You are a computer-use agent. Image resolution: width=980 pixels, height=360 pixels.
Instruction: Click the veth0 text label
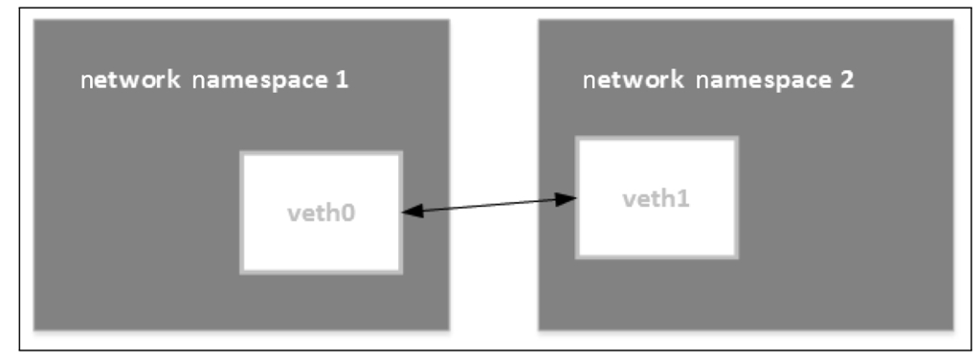(320, 212)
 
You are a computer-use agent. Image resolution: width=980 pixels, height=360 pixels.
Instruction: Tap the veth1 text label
(656, 199)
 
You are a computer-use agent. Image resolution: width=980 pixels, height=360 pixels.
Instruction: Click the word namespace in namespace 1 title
(257, 80)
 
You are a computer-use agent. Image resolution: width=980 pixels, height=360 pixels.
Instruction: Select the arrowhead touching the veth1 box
(568, 199)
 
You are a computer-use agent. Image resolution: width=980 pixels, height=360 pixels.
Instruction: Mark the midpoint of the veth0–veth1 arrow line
(488, 204)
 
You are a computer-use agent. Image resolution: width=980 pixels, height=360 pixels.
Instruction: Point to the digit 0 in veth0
(346, 212)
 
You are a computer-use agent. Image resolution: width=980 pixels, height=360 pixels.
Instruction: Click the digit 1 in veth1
(683, 199)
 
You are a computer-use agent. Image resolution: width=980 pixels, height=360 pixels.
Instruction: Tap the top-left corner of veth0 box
(241, 153)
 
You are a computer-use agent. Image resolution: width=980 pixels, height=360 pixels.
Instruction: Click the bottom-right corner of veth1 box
(737, 257)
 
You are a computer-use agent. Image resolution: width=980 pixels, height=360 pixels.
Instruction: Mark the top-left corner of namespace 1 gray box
(34, 20)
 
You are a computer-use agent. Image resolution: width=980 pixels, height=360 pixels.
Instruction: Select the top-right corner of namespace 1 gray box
(449, 20)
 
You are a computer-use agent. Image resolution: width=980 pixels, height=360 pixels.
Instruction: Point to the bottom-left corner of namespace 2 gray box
(539, 329)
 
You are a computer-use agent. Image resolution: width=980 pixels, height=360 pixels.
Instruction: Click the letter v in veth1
(628, 200)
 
